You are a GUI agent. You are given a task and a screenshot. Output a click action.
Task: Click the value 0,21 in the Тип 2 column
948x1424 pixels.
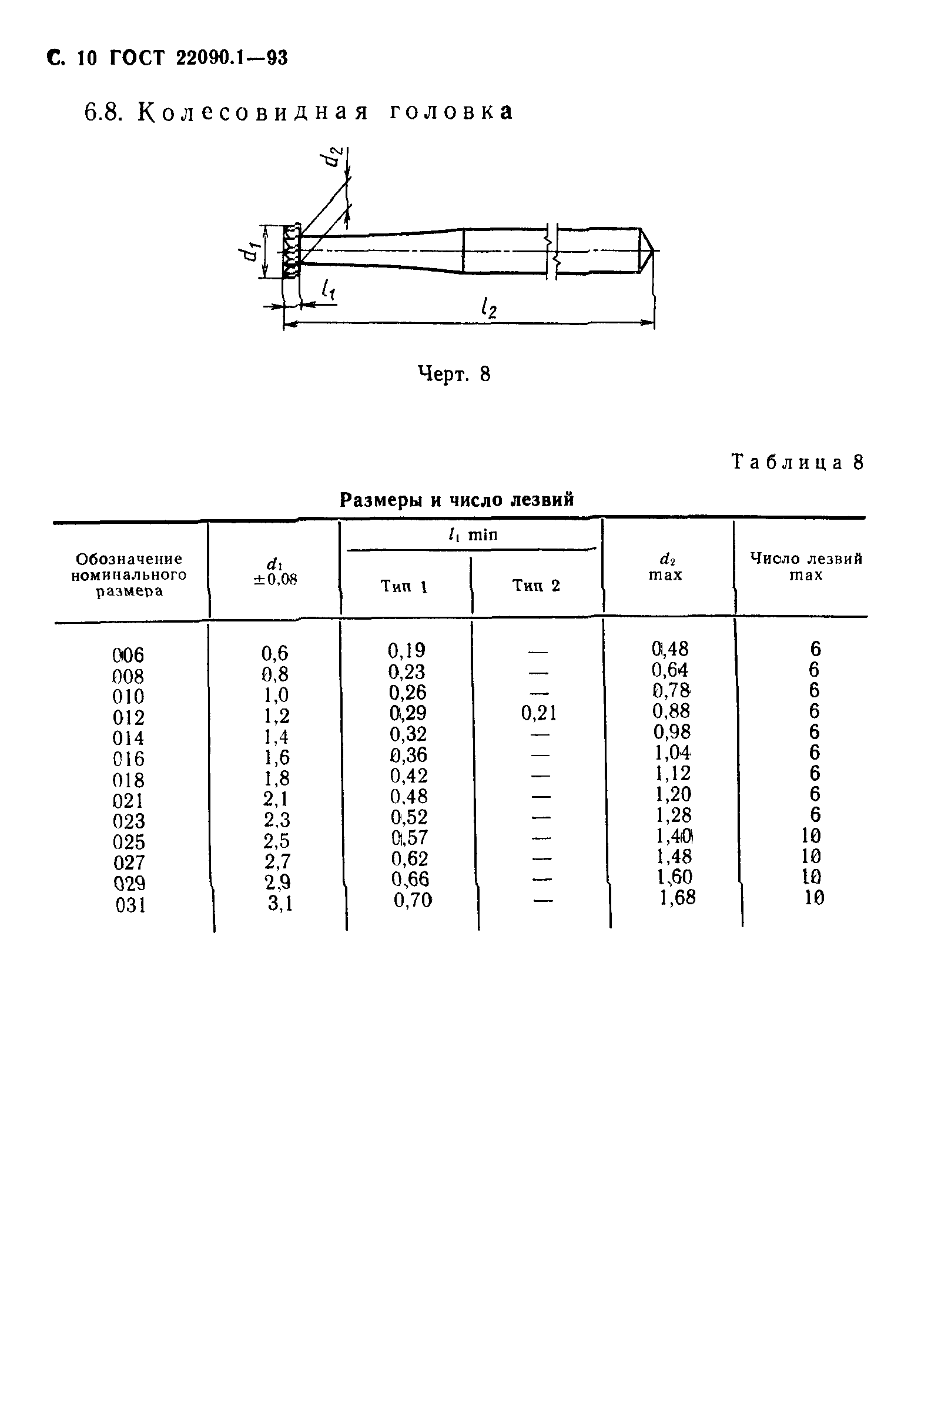point(538,714)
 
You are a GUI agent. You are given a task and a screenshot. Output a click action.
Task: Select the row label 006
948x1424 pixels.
point(128,655)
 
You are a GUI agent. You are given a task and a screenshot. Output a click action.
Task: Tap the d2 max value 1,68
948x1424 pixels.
point(677,897)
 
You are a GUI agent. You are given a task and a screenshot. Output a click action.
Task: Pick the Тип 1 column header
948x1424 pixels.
point(404,586)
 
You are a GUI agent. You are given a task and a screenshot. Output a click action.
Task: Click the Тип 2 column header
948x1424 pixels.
point(536,586)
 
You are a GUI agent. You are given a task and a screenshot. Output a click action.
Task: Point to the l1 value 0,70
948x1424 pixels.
point(413,900)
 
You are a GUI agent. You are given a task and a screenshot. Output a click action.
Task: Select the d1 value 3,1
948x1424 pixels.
point(280,904)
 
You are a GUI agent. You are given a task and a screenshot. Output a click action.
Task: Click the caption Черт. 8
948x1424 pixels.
point(454,375)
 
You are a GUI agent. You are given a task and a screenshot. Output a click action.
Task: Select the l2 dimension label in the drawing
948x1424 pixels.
point(488,309)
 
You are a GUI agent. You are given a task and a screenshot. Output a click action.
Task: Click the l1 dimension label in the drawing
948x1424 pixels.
point(329,290)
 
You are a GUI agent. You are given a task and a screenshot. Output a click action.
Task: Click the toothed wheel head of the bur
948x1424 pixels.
point(291,252)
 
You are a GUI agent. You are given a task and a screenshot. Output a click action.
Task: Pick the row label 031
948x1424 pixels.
point(130,905)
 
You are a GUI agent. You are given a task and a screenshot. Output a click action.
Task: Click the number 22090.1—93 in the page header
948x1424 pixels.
point(232,58)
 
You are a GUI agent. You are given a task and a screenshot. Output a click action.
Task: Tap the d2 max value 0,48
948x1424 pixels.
point(670,649)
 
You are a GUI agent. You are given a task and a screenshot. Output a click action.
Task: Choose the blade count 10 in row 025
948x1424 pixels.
point(810,835)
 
